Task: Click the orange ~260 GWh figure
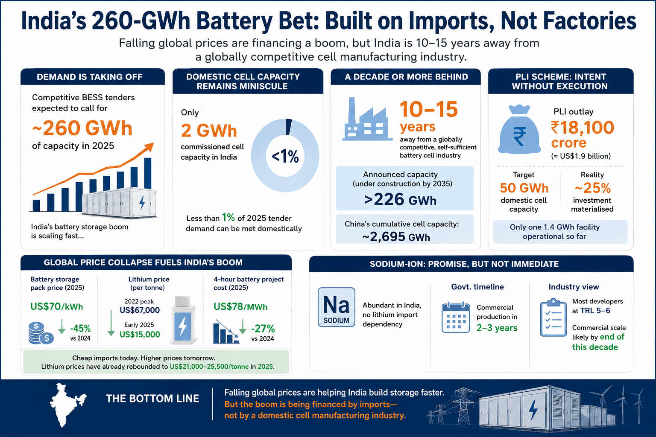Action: tap(82, 128)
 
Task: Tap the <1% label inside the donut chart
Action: tap(285, 156)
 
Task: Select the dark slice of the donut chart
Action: tap(288, 127)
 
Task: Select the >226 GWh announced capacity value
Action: tap(400, 200)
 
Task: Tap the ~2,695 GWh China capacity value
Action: tap(396, 237)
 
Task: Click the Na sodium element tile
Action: tap(337, 307)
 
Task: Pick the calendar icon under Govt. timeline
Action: tap(456, 318)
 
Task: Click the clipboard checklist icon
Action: tap(553, 318)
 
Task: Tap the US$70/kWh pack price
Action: tap(57, 306)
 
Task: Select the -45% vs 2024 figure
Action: tap(80, 332)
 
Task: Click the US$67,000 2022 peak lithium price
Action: tap(140, 310)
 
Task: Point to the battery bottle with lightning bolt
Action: tap(183, 320)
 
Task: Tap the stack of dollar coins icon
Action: tap(41, 333)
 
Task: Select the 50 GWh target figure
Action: tap(524, 188)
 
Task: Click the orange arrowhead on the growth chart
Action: tap(149, 147)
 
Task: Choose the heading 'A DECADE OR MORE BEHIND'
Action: tap(407, 77)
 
